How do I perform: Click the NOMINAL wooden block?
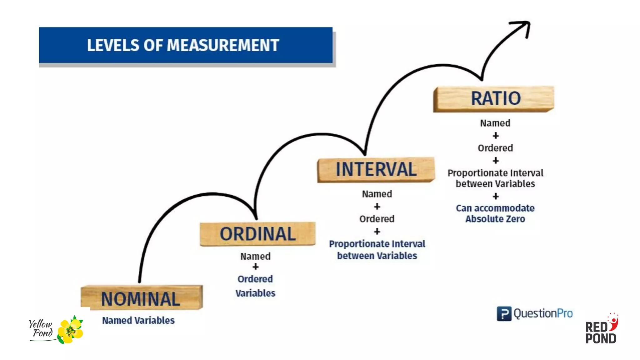[141, 298]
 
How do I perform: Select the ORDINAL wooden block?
[257, 234]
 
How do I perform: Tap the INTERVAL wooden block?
[376, 169]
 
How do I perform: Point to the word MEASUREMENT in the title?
[223, 46]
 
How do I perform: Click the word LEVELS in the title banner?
[113, 46]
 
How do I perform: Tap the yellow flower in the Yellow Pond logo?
[71, 331]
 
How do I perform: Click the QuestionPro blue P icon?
[504, 313]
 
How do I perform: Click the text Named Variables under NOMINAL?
[138, 320]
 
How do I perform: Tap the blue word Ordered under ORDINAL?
[255, 279]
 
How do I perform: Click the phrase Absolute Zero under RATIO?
[495, 219]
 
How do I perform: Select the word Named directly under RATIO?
[495, 123]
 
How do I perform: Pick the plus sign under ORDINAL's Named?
[256, 267]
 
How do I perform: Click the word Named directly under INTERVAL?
[377, 194]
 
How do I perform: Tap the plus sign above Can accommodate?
[496, 196]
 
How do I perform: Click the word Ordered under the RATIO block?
[495, 148]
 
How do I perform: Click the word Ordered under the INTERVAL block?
[377, 219]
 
